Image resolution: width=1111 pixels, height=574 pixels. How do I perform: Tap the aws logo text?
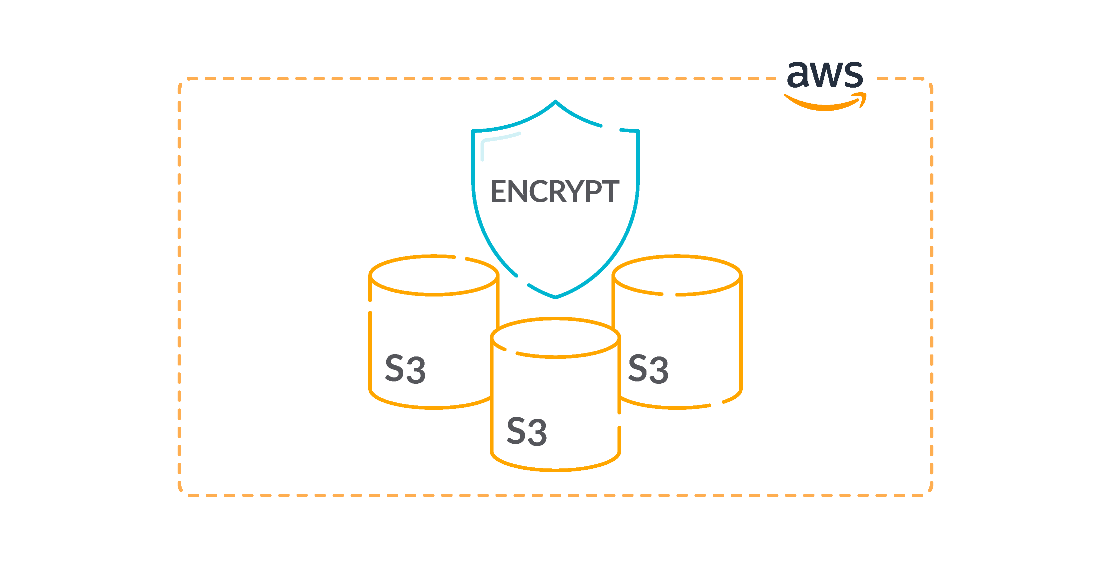(825, 74)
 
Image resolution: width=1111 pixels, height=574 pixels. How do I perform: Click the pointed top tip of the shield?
(555, 102)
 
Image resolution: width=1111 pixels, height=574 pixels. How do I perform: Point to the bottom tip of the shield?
(555, 297)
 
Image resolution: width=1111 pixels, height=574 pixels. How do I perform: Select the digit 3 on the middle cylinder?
(537, 432)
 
